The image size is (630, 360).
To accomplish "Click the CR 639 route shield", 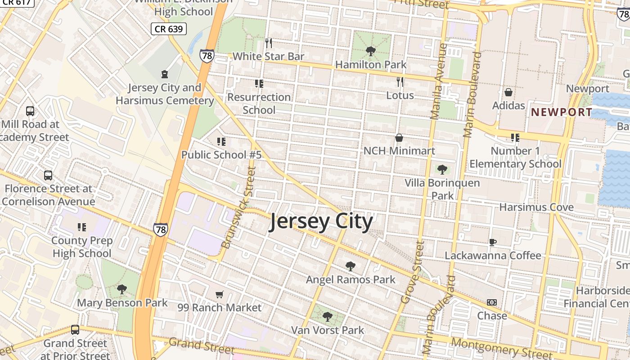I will (x=168, y=29).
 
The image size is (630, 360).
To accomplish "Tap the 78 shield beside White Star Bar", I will (x=207, y=56).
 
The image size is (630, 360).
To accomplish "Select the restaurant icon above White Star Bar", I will (x=269, y=43).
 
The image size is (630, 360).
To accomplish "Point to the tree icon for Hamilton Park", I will (x=371, y=51).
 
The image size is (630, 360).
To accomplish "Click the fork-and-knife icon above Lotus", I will (x=400, y=82).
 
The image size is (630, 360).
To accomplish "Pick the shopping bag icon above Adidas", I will (x=508, y=92).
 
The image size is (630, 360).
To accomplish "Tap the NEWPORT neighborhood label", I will (x=562, y=112).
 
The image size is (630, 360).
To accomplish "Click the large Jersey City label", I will (x=321, y=222).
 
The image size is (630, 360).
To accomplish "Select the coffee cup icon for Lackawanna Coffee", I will (x=493, y=242).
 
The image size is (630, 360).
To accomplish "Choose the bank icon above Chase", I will (x=492, y=302).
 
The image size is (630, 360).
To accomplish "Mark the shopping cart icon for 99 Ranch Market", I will (x=219, y=294).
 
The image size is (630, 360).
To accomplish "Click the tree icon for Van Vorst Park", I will (x=328, y=317).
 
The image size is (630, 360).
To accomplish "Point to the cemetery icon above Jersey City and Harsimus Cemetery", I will (x=165, y=74).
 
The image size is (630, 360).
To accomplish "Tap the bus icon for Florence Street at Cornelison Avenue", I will (x=48, y=175).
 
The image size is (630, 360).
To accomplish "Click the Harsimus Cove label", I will (x=536, y=207).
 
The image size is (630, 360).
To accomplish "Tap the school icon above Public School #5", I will (x=221, y=142).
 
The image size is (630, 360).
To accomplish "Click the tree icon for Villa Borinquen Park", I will (x=442, y=170).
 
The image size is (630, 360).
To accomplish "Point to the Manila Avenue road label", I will (x=439, y=81).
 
